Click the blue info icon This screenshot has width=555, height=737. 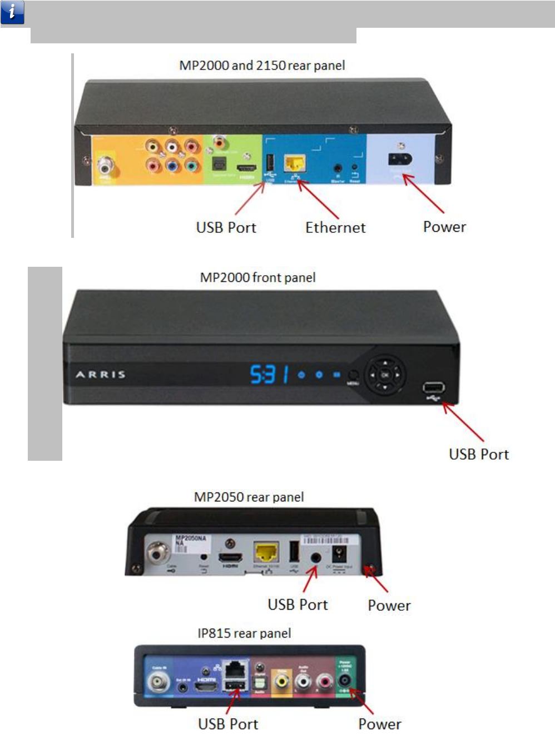pos(12,12)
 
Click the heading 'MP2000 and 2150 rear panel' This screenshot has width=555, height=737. pos(262,66)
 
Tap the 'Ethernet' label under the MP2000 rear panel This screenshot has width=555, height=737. pos(335,228)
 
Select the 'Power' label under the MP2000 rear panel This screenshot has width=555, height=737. pos(444,227)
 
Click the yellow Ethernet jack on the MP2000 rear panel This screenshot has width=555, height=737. pos(295,163)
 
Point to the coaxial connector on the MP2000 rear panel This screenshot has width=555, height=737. pos(105,165)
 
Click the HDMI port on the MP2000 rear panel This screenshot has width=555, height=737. pos(246,167)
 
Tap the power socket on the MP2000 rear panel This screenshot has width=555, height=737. pos(400,160)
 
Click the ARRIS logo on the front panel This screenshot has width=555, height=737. pos(101,375)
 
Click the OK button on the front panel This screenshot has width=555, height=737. pos(385,375)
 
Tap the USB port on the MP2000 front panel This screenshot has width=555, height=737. pos(433,388)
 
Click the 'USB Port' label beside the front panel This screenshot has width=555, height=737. pos(479,455)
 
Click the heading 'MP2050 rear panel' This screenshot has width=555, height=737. pos(249,497)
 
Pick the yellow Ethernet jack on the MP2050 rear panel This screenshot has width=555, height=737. pos(266,552)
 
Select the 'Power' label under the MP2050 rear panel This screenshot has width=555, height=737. pos(389,606)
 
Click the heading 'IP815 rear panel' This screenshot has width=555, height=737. pos(244,634)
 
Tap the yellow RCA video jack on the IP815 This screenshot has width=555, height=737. pos(282,681)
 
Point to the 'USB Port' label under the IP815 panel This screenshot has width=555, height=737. pos(228,724)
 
